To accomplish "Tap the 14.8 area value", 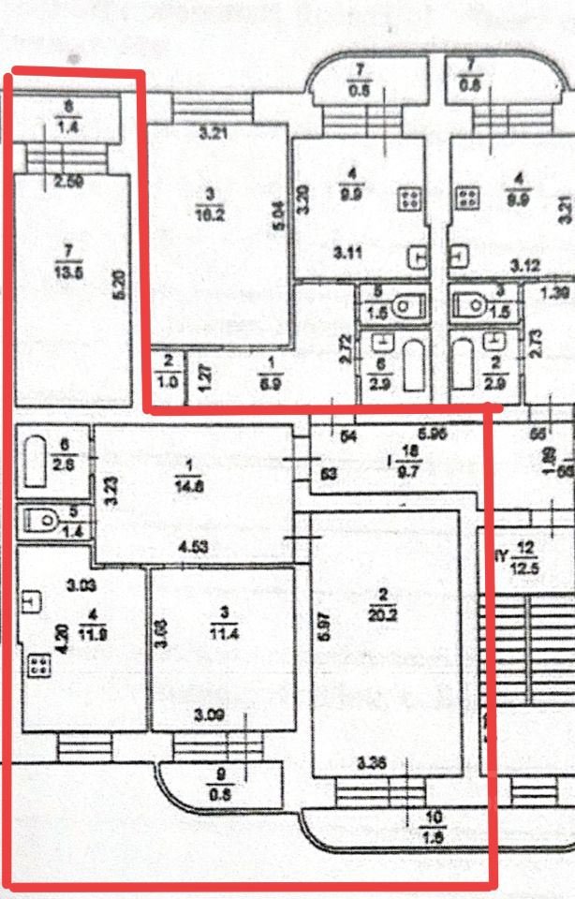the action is point(188,484).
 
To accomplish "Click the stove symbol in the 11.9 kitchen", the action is point(38,667).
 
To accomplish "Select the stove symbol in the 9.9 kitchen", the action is point(409,198).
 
